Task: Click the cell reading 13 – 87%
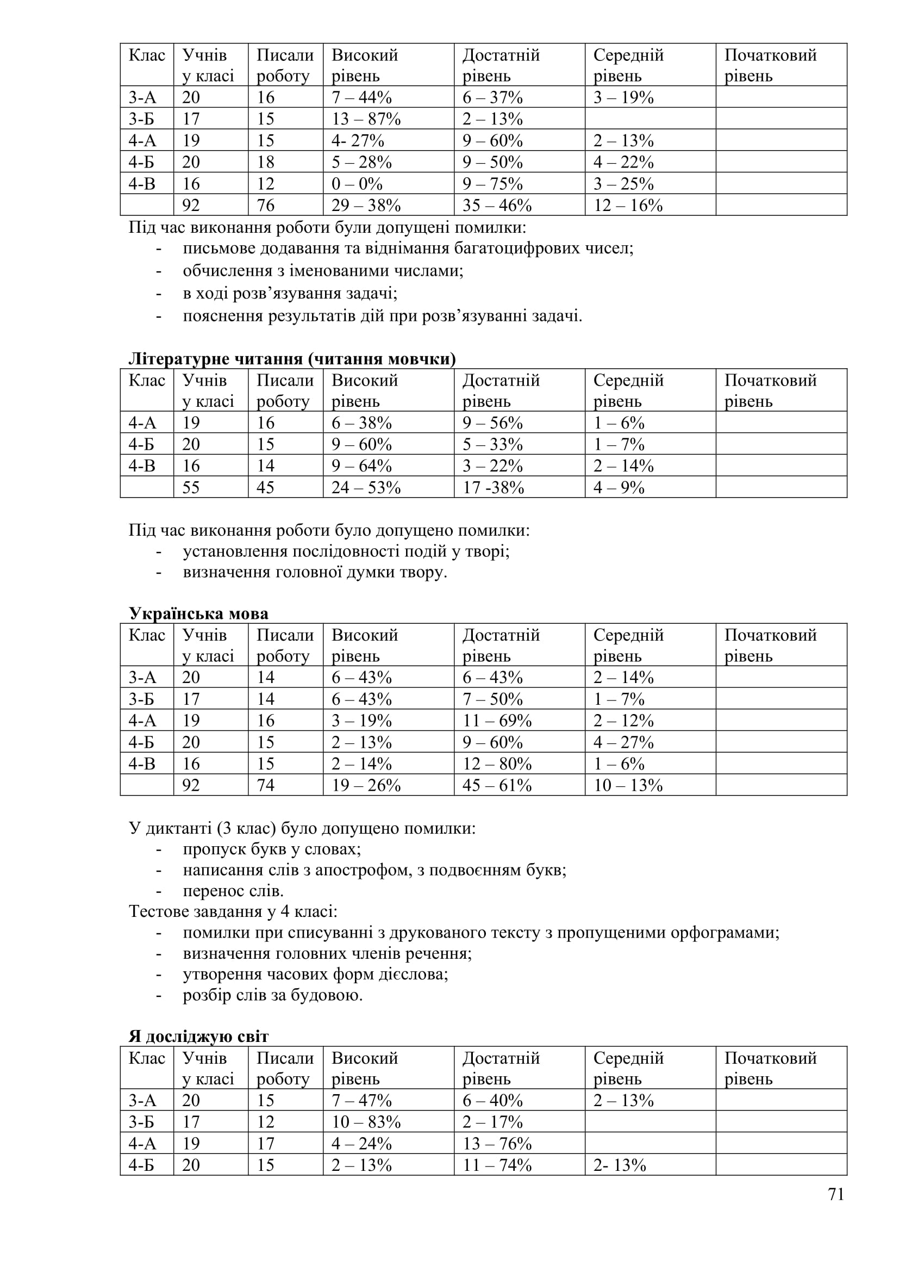(366, 119)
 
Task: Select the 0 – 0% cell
(357, 184)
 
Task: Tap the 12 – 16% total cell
(628, 206)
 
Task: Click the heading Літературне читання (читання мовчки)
(292, 359)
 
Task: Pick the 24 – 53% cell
(366, 487)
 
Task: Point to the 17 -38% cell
(492, 487)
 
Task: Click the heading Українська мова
(199, 613)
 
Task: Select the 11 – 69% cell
(497, 720)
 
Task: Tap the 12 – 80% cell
(497, 764)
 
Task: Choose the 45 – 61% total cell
(497, 785)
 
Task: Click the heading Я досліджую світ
(199, 1037)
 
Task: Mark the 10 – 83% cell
(366, 1122)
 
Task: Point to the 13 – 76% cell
(497, 1144)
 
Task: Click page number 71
(836, 1194)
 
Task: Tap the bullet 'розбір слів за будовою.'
(273, 996)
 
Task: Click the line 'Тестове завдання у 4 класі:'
(233, 912)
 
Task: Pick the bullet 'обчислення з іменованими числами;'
(323, 271)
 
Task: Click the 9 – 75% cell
(492, 184)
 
